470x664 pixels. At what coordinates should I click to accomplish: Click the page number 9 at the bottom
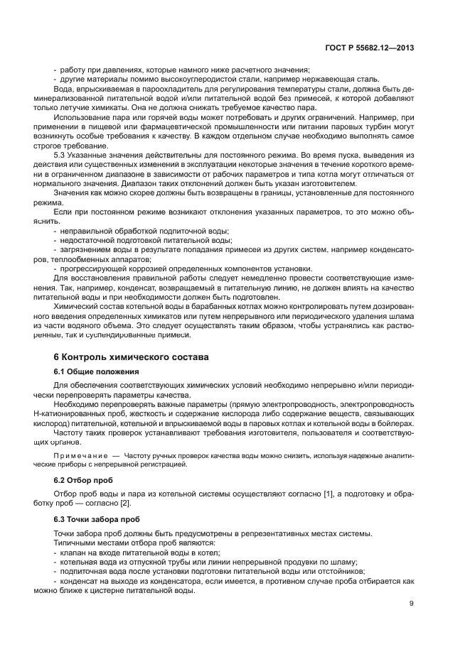click(x=412, y=604)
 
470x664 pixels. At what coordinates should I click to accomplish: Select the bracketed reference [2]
click(x=126, y=504)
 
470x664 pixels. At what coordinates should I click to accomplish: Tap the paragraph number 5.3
click(x=61, y=153)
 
